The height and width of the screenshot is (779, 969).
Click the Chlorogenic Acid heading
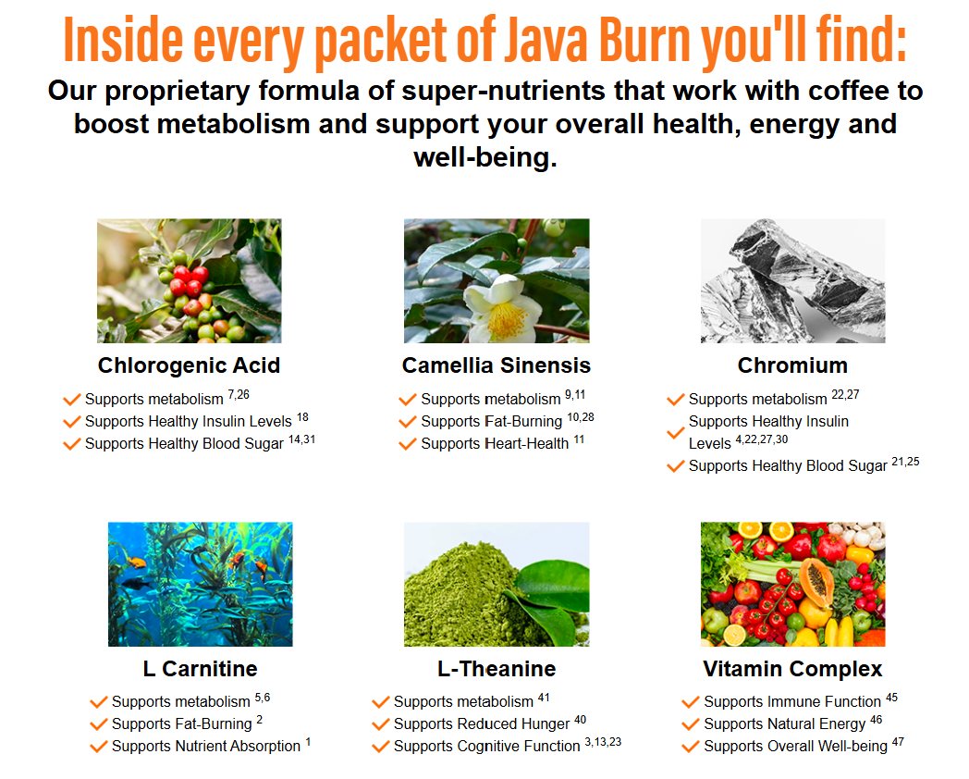coord(190,365)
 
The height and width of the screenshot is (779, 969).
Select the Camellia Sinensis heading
coord(497,365)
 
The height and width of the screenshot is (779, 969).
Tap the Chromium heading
coord(793,365)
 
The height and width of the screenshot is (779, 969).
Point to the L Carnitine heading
coord(201,669)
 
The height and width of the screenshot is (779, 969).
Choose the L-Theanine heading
coord(497,669)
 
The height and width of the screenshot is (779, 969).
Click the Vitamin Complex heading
coord(793,669)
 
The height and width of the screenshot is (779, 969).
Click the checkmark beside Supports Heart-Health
coord(407,444)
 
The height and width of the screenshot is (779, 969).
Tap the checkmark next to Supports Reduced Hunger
coord(381,724)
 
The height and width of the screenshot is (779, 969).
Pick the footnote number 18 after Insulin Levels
coord(303,417)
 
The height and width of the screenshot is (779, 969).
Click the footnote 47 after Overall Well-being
coord(898,742)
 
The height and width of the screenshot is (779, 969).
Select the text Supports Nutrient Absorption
coord(206,747)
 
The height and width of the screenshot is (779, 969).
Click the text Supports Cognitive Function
coord(487,747)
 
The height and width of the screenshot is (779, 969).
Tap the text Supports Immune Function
coord(792,701)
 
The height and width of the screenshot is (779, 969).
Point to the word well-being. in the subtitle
coord(485,157)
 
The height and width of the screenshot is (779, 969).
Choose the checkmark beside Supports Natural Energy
coord(691,724)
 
